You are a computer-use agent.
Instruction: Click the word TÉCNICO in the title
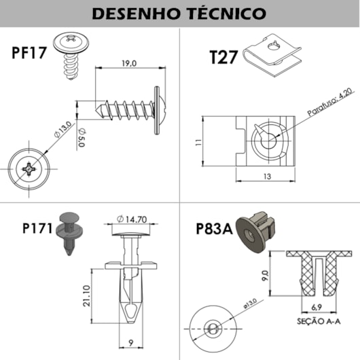[226, 13]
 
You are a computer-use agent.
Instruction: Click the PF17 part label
[29, 52]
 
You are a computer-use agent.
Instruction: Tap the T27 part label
[223, 57]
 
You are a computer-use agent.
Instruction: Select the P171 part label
[37, 228]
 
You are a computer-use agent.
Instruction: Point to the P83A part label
[215, 229]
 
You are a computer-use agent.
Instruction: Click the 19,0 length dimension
[129, 63]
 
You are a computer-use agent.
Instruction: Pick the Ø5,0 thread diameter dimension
[82, 137]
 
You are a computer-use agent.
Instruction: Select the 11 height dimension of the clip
[198, 142]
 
